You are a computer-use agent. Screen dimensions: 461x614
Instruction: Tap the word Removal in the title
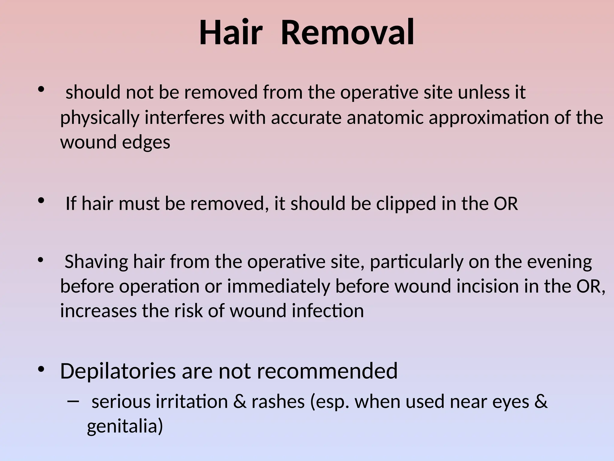click(348, 32)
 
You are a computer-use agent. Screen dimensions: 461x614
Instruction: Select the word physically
click(100, 118)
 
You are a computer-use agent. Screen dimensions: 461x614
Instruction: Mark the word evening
click(559, 262)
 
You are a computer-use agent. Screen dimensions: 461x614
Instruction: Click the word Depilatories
click(118, 372)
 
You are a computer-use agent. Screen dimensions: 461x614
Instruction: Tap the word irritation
click(192, 402)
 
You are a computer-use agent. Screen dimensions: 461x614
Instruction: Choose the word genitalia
click(125, 426)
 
